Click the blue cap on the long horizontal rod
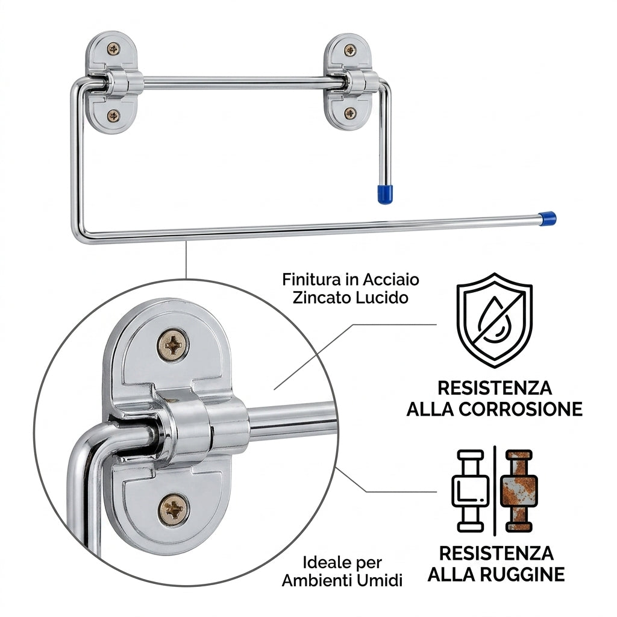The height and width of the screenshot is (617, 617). pos(547,218)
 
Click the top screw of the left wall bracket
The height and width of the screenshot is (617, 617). pos(113,49)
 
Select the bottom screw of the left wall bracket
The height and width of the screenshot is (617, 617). pos(113,115)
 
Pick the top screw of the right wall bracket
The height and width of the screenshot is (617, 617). pos(350,50)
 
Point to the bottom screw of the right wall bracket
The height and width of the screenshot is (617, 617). pos(350,113)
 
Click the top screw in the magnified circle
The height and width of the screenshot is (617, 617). pos(173,346)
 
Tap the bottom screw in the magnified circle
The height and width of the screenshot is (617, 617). pos(174,510)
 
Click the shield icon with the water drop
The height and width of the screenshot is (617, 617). pos(494,321)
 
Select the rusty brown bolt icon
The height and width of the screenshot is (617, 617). pos(519,490)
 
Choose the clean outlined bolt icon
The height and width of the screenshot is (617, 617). pos(470,490)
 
